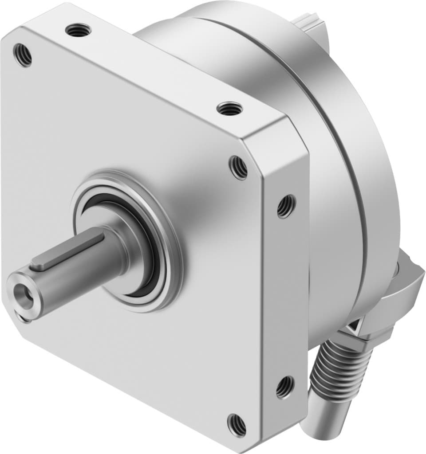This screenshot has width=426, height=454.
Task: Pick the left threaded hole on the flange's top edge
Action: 78,31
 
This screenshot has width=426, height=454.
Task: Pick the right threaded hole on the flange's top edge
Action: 230,108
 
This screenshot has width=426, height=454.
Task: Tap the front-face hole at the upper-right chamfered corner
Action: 238,167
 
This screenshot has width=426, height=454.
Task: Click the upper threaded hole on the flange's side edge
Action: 286,206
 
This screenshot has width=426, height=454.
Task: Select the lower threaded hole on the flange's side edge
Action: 284,387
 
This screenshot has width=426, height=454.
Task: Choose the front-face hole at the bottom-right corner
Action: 237,424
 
